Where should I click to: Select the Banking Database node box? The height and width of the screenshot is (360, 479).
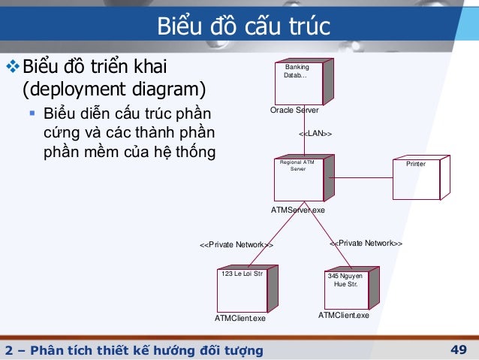[298, 82]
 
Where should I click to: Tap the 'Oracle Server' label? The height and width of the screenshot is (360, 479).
[294, 110]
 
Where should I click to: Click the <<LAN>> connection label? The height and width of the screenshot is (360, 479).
[315, 133]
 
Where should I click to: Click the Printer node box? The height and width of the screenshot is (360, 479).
[419, 178]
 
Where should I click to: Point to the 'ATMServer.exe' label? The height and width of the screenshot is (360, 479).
[298, 210]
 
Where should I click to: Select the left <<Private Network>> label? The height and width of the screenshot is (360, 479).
[236, 245]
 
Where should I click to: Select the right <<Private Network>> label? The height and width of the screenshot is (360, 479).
[366, 244]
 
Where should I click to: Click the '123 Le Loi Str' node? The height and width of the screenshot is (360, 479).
[243, 289]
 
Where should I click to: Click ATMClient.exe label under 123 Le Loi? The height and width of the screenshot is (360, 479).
[240, 319]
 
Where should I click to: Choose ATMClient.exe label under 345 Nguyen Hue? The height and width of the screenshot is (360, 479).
[344, 315]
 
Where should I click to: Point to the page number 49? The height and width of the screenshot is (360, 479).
[459, 349]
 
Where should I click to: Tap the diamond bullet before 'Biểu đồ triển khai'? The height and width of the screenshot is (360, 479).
[10, 66]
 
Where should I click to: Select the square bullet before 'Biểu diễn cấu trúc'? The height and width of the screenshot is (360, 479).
[32, 114]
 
